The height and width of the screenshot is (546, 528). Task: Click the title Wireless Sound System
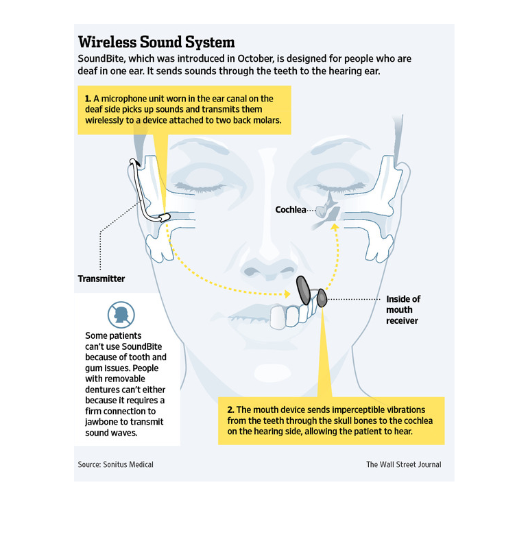[x=156, y=42]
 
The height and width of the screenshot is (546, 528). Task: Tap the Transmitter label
[x=101, y=278]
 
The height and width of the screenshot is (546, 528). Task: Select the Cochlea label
[x=291, y=210]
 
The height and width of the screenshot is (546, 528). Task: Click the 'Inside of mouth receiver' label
[x=403, y=309]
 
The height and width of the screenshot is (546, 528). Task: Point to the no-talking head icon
[x=121, y=315]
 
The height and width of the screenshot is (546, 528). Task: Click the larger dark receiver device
[x=303, y=290]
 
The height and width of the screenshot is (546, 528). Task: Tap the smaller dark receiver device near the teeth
[x=322, y=298]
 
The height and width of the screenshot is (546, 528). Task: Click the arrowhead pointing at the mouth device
[x=287, y=294]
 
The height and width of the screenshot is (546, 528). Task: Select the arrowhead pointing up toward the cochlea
[x=335, y=227]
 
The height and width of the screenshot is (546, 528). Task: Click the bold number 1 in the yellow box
[x=88, y=99]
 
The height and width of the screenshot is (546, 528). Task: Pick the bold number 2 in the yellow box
[x=230, y=410]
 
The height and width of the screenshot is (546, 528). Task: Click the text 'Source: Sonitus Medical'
[x=116, y=464]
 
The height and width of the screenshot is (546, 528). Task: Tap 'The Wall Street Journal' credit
[x=404, y=464]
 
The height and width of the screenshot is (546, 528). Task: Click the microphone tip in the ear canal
[x=165, y=217]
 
